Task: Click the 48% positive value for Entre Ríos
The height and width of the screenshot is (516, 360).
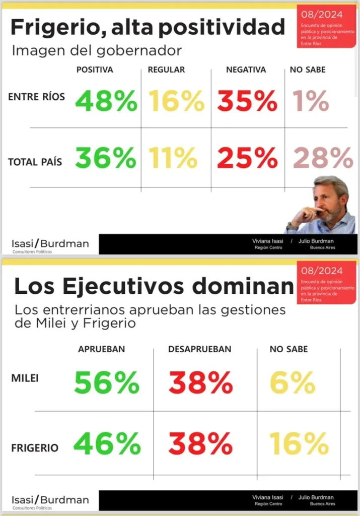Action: tap(106, 101)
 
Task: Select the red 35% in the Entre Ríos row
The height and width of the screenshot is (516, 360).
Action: tap(247, 101)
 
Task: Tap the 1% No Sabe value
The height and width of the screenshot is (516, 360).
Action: tap(312, 101)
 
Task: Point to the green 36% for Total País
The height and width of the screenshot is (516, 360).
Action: tap(106, 159)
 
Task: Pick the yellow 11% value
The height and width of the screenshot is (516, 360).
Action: tap(173, 159)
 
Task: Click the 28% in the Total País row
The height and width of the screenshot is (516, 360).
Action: tap(323, 159)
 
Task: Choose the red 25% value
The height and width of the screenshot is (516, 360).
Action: tap(247, 159)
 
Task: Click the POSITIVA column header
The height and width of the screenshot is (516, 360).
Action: tap(95, 70)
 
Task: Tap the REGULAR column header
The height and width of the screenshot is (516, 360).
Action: tap(166, 70)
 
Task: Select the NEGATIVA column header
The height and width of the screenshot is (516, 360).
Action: tap(246, 70)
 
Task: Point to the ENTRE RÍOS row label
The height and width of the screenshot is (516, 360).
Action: tap(36, 97)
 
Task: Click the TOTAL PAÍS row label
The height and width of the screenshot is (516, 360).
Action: tap(35, 162)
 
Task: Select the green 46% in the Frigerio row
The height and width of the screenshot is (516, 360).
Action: tap(107, 444)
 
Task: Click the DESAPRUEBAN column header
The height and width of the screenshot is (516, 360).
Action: tap(199, 349)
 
